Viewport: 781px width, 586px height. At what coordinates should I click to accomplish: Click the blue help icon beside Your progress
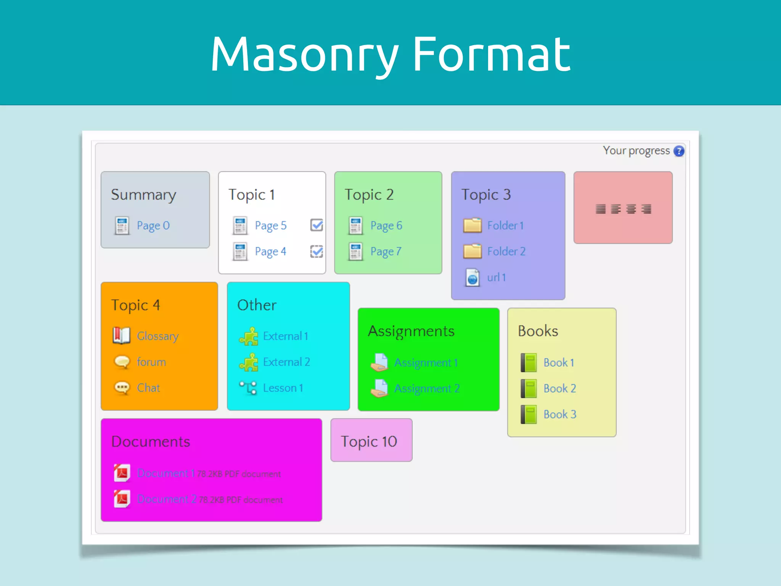pyautogui.click(x=679, y=151)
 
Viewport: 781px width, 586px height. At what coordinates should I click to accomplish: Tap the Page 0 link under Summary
pyautogui.click(x=153, y=225)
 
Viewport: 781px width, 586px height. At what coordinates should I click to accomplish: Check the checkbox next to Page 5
pyautogui.click(x=317, y=225)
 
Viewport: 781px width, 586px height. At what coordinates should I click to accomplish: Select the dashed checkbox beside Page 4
pyautogui.click(x=317, y=251)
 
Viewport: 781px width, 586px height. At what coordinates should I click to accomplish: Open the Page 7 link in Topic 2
pyautogui.click(x=386, y=251)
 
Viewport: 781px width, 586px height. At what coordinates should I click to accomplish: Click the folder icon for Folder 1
pyautogui.click(x=472, y=225)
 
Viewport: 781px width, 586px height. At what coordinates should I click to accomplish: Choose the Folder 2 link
pyautogui.click(x=506, y=251)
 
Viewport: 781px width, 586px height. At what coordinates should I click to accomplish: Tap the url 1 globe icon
pyautogui.click(x=472, y=277)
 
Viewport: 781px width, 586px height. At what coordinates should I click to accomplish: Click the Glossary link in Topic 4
pyautogui.click(x=157, y=336)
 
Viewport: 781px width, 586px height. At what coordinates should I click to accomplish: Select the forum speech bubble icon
pyautogui.click(x=122, y=362)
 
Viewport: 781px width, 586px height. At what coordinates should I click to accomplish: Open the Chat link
pyautogui.click(x=148, y=388)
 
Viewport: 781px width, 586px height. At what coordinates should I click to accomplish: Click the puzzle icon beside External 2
pyautogui.click(x=249, y=362)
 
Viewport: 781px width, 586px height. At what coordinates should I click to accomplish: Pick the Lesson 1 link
pyautogui.click(x=283, y=388)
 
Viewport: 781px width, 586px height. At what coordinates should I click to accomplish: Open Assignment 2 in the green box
pyautogui.click(x=427, y=388)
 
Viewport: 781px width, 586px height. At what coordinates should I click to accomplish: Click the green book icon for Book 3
pyautogui.click(x=529, y=414)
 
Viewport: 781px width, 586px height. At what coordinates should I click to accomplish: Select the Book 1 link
pyautogui.click(x=559, y=362)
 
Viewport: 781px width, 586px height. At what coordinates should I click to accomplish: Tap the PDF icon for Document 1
pyautogui.click(x=122, y=473)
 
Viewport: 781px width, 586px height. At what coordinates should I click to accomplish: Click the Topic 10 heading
pyautogui.click(x=369, y=441)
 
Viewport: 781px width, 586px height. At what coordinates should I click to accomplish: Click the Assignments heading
pyautogui.click(x=411, y=331)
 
